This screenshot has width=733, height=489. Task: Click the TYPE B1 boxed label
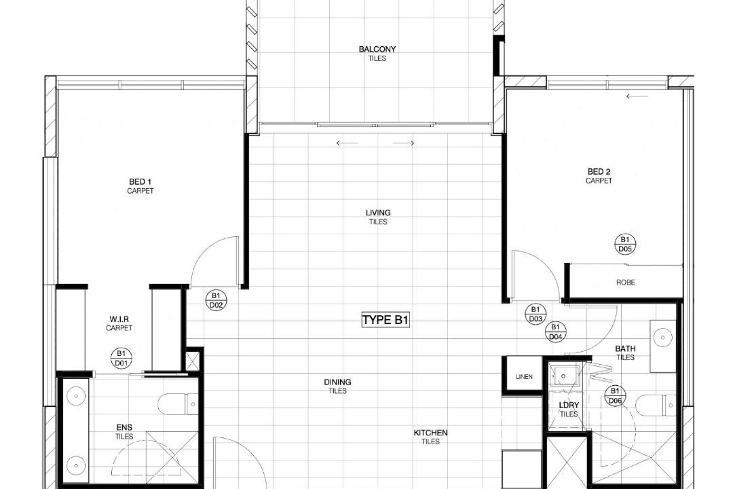[x=386, y=320]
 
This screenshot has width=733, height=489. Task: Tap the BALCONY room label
[x=377, y=49]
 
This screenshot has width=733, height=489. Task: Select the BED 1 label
[x=140, y=181]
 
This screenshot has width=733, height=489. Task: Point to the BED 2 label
[x=599, y=172]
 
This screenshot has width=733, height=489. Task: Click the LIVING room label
[x=378, y=213]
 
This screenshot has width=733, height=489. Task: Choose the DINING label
[x=337, y=382]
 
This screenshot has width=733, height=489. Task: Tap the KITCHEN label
[x=430, y=433]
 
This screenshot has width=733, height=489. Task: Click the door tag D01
[x=121, y=358]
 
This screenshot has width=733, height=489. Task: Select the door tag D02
[x=216, y=300]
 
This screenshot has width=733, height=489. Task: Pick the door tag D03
[x=535, y=314]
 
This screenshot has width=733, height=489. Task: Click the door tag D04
[x=555, y=331]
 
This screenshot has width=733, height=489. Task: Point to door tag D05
[x=625, y=244]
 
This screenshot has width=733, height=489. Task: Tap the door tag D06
[x=615, y=396]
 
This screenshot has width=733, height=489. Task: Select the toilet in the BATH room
[x=657, y=405]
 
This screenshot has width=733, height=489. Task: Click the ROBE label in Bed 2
[x=626, y=283]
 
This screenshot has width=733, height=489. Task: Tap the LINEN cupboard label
[x=524, y=377]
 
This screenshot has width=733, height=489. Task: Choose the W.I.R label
[x=119, y=319]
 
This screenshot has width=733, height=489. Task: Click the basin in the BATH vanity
[x=662, y=338]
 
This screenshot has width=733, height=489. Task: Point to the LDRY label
[x=569, y=405]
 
